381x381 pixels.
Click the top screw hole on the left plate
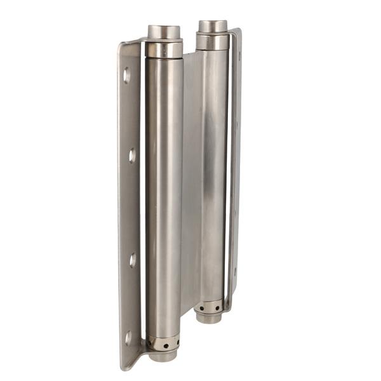127,76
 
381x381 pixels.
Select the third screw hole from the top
133,260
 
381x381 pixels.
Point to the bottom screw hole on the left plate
128,338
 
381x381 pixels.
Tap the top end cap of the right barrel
212,26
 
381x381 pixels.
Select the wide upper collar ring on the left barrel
164,49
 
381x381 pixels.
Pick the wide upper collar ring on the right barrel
212,42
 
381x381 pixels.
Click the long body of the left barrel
163,190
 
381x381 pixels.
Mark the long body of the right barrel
213,171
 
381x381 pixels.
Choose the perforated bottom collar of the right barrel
209,307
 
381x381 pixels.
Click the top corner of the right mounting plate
236,32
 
